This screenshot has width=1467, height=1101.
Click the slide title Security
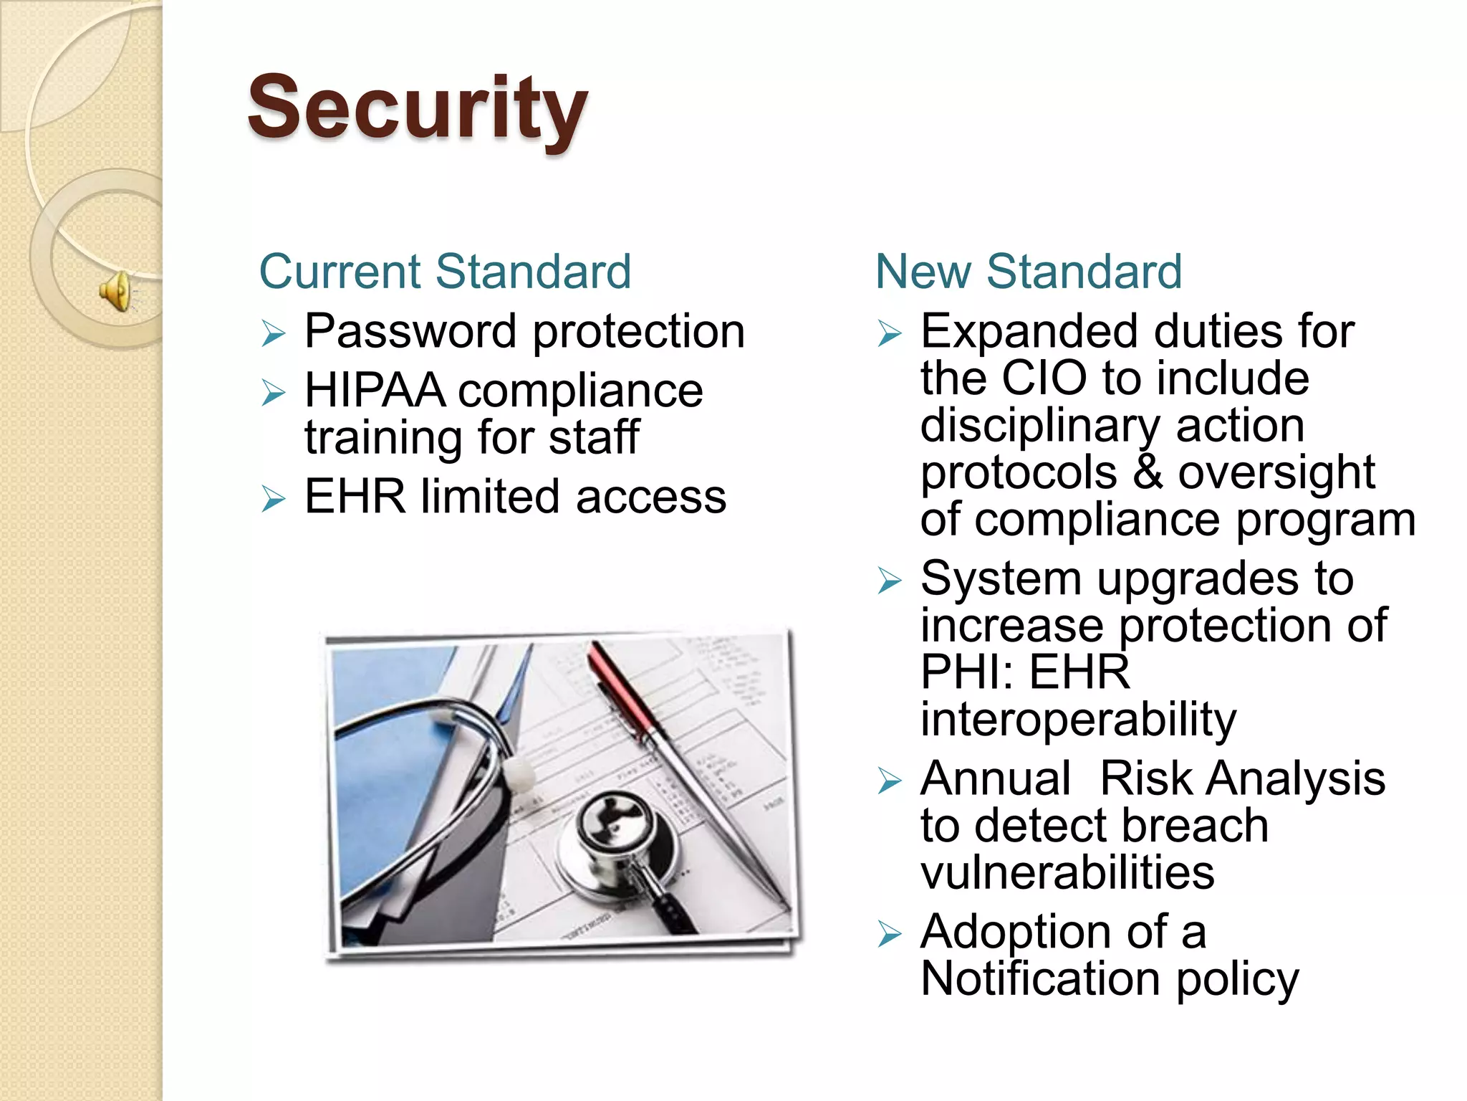click(x=417, y=109)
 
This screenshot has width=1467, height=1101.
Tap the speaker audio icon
click(x=115, y=291)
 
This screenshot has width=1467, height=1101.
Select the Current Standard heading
click(x=445, y=272)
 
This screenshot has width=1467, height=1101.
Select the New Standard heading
click(x=1028, y=272)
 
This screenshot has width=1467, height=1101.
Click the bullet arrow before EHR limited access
click(x=273, y=498)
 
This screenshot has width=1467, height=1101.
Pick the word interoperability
click(x=1078, y=719)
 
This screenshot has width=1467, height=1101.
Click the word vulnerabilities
click(x=1067, y=872)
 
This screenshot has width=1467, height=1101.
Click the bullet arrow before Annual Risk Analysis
click(x=889, y=781)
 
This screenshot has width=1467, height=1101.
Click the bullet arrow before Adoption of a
click(x=889, y=933)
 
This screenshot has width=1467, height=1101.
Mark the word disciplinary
click(x=1039, y=425)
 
